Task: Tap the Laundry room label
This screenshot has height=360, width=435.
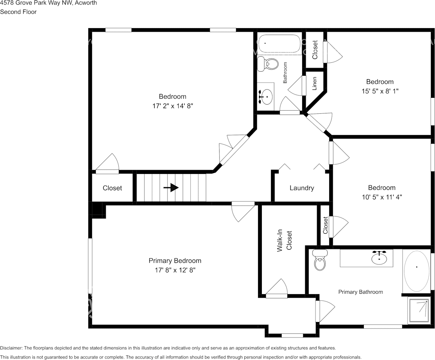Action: click(x=301, y=188)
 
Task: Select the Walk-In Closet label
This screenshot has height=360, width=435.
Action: click(x=284, y=240)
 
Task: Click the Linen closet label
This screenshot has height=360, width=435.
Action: click(x=314, y=83)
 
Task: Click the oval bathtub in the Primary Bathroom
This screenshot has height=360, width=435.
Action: click(x=416, y=271)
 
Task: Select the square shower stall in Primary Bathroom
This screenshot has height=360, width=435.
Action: click(x=419, y=310)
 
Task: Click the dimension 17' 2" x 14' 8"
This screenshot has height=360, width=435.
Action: click(x=172, y=107)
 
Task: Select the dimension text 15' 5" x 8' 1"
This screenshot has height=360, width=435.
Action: click(x=380, y=91)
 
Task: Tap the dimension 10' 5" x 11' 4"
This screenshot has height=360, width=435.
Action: click(x=381, y=197)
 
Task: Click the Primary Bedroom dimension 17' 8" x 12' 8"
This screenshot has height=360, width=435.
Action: click(x=175, y=270)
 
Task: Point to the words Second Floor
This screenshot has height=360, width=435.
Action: click(x=18, y=12)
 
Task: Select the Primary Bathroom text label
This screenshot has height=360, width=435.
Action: click(x=360, y=292)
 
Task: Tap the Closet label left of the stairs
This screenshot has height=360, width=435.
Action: click(x=112, y=188)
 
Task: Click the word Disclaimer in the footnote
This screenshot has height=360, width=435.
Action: click(x=11, y=348)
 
